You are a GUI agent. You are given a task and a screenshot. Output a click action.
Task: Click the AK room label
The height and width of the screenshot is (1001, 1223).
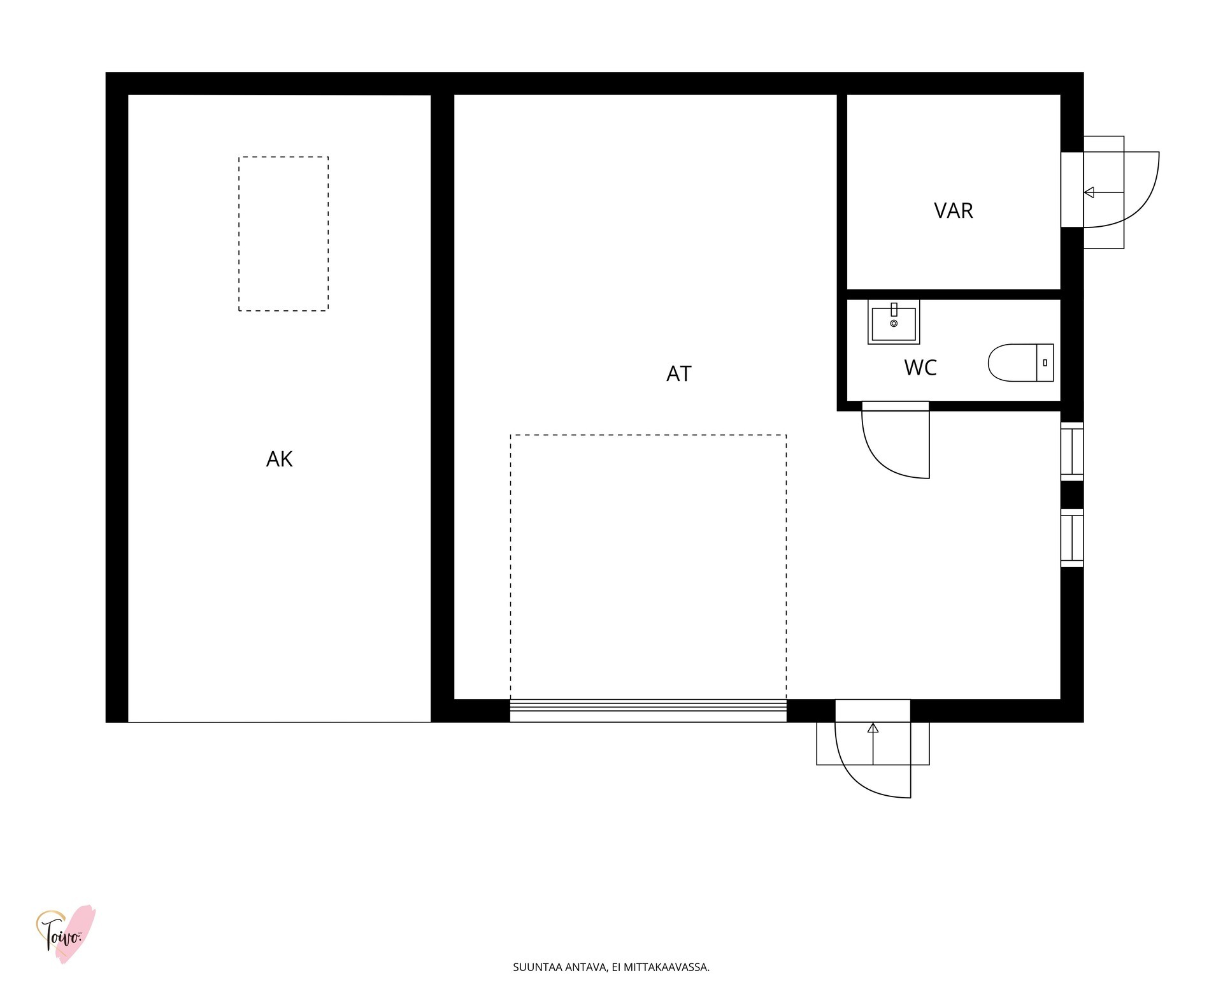pos(279,459)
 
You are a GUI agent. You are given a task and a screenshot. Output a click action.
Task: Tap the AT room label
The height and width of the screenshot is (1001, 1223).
pos(678,373)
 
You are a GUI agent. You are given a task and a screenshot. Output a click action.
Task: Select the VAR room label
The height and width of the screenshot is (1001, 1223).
pos(954,210)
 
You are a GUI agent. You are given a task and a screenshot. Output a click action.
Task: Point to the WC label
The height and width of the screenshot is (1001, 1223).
pos(920,368)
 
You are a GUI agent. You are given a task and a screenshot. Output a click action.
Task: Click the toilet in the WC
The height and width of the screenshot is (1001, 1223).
pos(1020,363)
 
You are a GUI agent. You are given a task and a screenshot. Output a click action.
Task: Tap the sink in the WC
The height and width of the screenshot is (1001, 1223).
pos(894,322)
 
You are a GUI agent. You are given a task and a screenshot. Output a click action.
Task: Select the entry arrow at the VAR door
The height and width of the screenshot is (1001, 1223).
pos(1103,192)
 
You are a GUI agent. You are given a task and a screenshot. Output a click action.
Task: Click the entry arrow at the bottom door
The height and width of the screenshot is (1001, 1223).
pos(873,744)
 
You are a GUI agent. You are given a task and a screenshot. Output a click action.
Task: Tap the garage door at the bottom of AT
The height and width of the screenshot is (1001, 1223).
pos(648,710)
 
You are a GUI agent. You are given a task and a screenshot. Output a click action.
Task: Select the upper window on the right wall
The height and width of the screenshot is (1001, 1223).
pos(1072,451)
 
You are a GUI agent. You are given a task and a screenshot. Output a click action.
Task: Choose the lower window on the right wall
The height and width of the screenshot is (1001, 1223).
pos(1072,538)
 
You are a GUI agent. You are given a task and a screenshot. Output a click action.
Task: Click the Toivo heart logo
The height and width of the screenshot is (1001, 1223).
pos(66,933)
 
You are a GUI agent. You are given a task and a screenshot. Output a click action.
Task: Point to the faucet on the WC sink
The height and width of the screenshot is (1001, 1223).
pos(894,310)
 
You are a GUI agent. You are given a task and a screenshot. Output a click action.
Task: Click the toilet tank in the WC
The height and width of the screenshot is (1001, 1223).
pos(1045,363)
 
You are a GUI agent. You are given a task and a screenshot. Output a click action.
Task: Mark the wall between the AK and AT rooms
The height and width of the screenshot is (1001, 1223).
pos(442,408)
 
